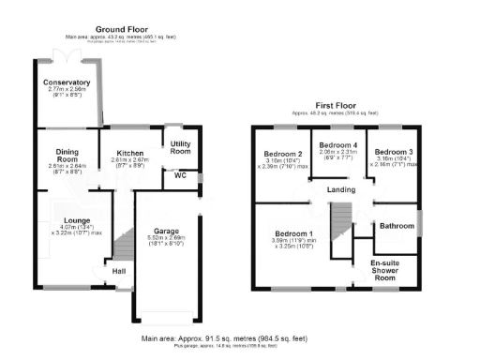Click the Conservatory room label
[x=67, y=82]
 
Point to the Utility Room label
[x=180, y=147]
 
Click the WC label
[x=179, y=174]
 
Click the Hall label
[x=119, y=271]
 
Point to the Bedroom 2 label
[x=282, y=154]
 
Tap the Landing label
[x=339, y=191]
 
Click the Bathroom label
[x=396, y=225]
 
